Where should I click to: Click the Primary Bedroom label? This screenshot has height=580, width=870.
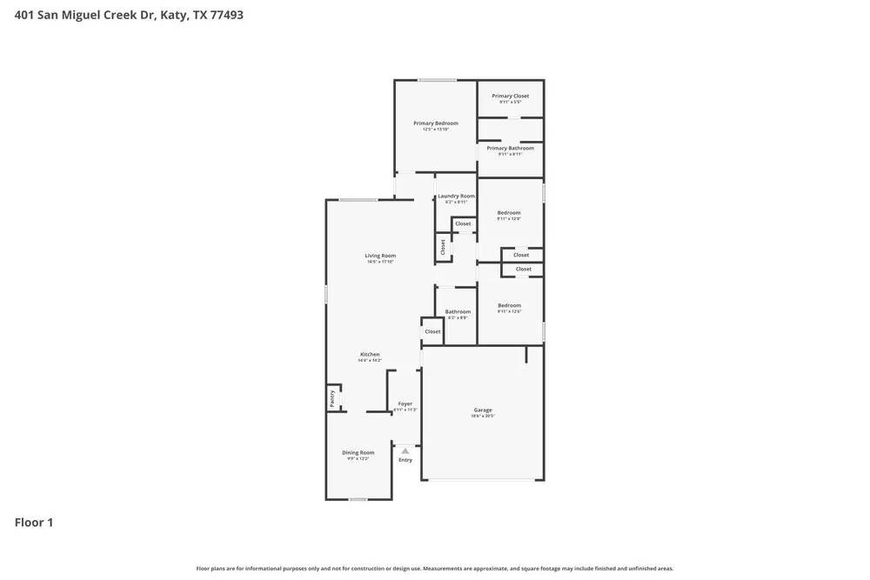pos(435,123)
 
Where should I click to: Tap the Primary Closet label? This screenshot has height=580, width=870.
pos(510,97)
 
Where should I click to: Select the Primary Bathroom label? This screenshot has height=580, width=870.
pos(510,148)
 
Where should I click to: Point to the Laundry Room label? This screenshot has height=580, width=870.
pos(456,197)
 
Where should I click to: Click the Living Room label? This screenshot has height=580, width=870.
pos(380,256)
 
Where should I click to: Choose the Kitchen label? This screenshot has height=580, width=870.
pos(370,355)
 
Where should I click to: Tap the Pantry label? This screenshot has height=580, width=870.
pos(332,397)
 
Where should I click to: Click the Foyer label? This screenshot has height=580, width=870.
pos(405,404)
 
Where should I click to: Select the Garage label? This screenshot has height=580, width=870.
pos(483,410)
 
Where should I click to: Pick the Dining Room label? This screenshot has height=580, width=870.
pos(358,452)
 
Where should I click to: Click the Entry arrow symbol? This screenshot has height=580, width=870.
pos(405,450)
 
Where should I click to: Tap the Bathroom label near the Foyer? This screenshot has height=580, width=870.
pos(458,311)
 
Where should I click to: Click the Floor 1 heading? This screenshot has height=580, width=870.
pos(34,523)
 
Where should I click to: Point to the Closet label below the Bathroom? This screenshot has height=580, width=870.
pos(432,331)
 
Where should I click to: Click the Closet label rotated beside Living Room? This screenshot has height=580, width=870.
pos(443,247)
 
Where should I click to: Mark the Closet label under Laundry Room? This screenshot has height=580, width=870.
pos(463,223)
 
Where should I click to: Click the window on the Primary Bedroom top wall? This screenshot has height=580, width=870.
pos(437,81)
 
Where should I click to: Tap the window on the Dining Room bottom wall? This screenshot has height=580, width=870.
pos(358,499)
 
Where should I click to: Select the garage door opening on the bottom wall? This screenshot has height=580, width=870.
pos(483,480)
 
